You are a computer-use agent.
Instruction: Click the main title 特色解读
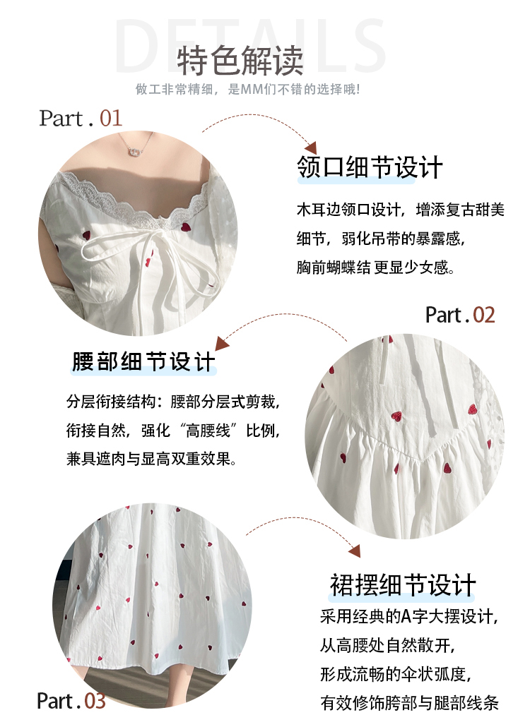[240, 61]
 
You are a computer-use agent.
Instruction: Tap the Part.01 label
[81, 119]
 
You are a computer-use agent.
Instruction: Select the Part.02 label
[460, 316]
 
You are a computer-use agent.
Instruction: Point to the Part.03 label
[71, 701]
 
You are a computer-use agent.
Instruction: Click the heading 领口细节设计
[370, 167]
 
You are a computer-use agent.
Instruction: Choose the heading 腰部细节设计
[144, 361]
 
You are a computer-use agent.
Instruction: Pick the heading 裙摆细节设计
[403, 584]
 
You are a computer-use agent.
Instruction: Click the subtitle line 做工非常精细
[247, 89]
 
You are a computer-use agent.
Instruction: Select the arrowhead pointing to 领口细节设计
[310, 148]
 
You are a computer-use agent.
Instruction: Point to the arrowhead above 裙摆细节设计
[354, 551]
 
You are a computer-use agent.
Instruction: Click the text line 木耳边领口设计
[401, 210]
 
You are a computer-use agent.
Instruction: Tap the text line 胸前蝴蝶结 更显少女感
[375, 268]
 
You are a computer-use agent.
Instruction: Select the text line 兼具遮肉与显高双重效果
[151, 459]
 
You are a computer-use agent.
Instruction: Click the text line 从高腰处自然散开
[387, 645]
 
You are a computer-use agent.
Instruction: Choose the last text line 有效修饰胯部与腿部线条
[409, 703]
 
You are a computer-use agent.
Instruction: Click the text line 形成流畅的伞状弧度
[395, 674]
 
